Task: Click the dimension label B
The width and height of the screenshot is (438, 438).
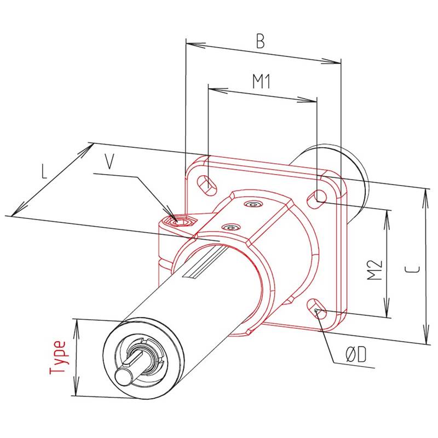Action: coord(262,42)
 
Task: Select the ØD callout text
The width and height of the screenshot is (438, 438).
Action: coord(355,356)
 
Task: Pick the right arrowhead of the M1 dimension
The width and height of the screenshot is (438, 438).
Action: coord(313,100)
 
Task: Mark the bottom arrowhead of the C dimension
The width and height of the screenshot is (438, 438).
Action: coord(426,340)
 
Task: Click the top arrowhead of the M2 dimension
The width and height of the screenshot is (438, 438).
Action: coord(388,214)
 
